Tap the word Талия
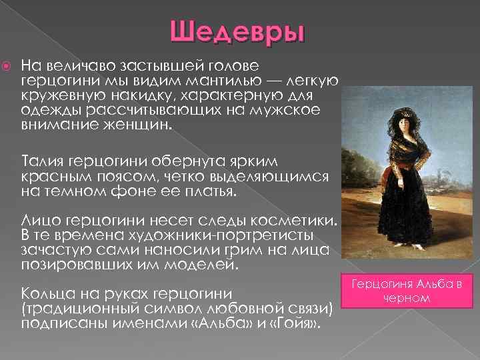coord(43,162)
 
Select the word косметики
coord(294,221)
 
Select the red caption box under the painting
coord(410,291)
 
